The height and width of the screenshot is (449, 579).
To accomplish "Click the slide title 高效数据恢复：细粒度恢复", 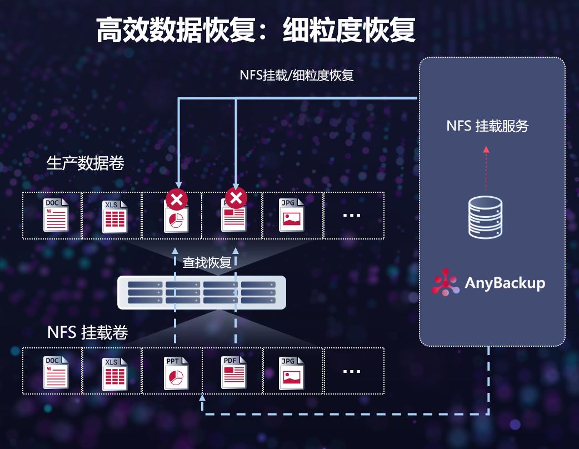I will [256, 30].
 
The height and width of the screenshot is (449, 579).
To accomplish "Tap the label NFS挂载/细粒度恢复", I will [297, 75].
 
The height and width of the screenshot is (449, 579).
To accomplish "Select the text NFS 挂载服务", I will [487, 126].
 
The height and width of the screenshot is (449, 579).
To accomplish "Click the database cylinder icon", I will [485, 217].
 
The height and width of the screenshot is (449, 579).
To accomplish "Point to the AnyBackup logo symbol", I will [446, 282].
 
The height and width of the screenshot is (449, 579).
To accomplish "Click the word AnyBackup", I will [505, 283].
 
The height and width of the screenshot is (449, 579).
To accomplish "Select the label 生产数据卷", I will [86, 163].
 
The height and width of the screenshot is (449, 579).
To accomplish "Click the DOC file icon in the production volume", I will [56, 215].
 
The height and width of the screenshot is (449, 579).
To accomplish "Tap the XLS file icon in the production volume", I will [114, 216].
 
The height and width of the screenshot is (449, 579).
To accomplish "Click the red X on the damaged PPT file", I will [177, 198].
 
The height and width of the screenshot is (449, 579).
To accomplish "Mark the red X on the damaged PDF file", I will [236, 198].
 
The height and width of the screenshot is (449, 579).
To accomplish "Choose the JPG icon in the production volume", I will [292, 215].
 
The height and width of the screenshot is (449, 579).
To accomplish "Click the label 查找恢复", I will [207, 263].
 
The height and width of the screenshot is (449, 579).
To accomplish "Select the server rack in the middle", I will [202, 292].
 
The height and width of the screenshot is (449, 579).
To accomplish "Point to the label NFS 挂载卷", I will [88, 332].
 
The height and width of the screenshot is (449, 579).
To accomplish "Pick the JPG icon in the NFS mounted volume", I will [292, 371].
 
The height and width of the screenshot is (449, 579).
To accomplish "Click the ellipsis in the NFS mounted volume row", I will [352, 371].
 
